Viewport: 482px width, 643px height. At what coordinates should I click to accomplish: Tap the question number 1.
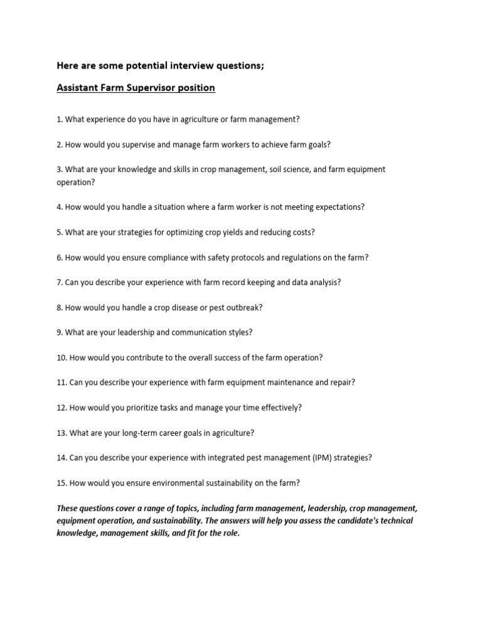pos(59,119)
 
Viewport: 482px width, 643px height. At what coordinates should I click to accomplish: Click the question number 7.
pos(59,282)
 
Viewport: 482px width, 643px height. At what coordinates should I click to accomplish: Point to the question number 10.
pos(62,357)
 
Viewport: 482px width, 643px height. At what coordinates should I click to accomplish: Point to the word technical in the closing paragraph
pos(395,521)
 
